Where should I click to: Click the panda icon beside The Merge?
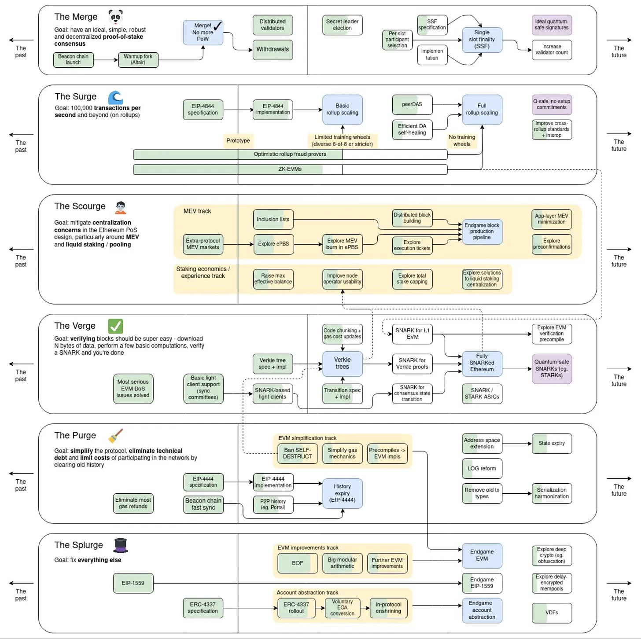(x=115, y=17)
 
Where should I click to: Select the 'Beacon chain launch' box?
(x=73, y=59)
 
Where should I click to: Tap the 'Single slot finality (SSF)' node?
(x=482, y=40)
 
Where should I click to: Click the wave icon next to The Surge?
(x=115, y=97)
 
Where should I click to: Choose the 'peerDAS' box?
(x=412, y=105)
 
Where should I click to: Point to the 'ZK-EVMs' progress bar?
(x=290, y=169)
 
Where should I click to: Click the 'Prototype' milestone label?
(x=238, y=141)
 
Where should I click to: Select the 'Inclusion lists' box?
(x=273, y=220)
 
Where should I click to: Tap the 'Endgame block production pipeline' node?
(x=482, y=231)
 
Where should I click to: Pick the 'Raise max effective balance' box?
(x=273, y=279)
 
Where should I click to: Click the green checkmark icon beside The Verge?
(x=115, y=326)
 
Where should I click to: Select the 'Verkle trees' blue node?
(x=342, y=364)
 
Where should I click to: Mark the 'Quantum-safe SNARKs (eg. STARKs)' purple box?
(x=551, y=369)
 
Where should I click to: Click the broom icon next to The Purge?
(x=115, y=436)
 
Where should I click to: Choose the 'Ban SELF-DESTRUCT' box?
(x=297, y=453)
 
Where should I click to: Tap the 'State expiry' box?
(x=551, y=444)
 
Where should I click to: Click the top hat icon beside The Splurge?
(x=120, y=545)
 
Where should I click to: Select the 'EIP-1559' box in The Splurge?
(x=133, y=583)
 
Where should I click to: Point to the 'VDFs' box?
(x=551, y=613)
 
